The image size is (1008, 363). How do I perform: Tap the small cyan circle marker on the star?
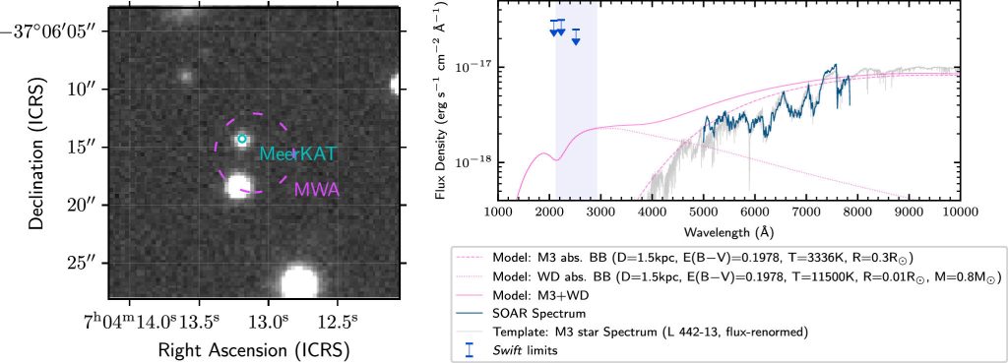[241, 140]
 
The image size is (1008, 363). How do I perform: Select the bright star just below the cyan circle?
[237, 185]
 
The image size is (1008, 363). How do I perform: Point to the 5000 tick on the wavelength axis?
[702, 212]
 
